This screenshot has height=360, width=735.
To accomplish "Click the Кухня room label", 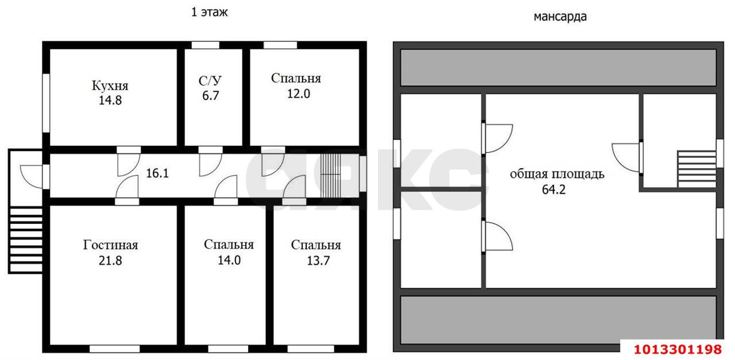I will pos(110,86).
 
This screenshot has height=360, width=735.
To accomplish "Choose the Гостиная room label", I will pos(110,246).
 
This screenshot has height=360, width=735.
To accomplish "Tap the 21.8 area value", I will pos(110,260).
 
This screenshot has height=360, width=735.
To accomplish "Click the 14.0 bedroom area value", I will pos(229,260).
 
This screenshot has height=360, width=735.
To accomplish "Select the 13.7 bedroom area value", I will pos(316,260).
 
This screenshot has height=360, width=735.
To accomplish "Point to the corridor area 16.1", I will pos(157,173).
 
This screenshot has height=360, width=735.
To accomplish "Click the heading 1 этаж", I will pos(210,12).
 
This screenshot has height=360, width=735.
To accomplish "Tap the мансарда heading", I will pos(560,17).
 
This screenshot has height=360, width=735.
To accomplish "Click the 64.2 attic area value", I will pos(554,189).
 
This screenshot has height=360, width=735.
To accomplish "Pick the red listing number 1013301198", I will pos(677,349).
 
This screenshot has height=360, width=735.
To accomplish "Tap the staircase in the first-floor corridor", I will pos(330,173).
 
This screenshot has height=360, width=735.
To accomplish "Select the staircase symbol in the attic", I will pos(696,169).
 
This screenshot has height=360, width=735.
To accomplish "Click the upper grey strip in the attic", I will pos(558,67).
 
